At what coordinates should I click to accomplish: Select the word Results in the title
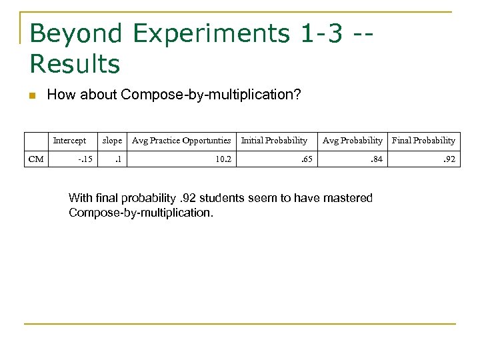click(x=75, y=64)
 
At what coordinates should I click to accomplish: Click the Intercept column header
click(x=69, y=141)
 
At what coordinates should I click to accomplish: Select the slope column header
click(x=111, y=141)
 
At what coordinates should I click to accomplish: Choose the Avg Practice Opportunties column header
click(x=181, y=141)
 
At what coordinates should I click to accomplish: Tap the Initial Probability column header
click(x=274, y=141)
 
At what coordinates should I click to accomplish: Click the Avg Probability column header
click(x=353, y=141)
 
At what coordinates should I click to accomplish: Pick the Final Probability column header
click(x=423, y=141)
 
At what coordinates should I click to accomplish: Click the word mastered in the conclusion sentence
click(x=349, y=197)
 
